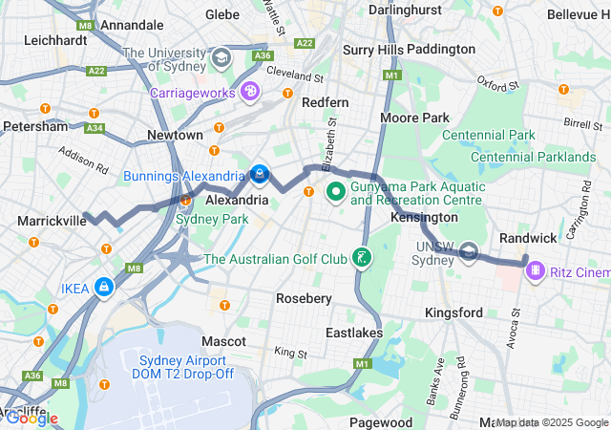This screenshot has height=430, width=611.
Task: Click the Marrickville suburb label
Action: [49, 221]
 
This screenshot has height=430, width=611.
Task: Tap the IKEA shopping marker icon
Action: [102, 287]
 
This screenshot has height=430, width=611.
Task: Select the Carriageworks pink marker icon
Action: [249, 92]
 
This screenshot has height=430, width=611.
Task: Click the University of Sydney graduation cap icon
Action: [221, 57]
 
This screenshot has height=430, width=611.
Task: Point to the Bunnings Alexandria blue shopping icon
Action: [259, 174]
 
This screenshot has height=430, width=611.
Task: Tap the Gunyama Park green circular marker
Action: [336, 192]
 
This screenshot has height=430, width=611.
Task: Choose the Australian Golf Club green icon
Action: [362, 257]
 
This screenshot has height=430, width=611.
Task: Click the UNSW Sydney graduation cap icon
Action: [469, 251]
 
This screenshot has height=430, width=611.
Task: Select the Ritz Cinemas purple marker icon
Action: [536, 271]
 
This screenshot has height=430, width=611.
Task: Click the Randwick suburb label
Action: [528, 237]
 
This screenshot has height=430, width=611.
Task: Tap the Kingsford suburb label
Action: [453, 312]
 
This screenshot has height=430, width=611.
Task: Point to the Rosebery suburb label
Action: [304, 298]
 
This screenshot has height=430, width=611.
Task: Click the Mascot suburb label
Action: [223, 340]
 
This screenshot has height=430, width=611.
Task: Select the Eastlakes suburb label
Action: [353, 333]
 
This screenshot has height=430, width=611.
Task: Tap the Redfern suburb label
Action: [325, 101]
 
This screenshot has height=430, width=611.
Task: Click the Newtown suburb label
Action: [174, 136]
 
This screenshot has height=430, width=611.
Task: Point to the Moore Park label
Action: [414, 117]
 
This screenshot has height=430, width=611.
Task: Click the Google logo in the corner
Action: [31, 418]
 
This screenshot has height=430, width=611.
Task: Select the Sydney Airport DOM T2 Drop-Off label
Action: [183, 366]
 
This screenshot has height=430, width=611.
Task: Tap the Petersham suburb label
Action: [35, 126]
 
